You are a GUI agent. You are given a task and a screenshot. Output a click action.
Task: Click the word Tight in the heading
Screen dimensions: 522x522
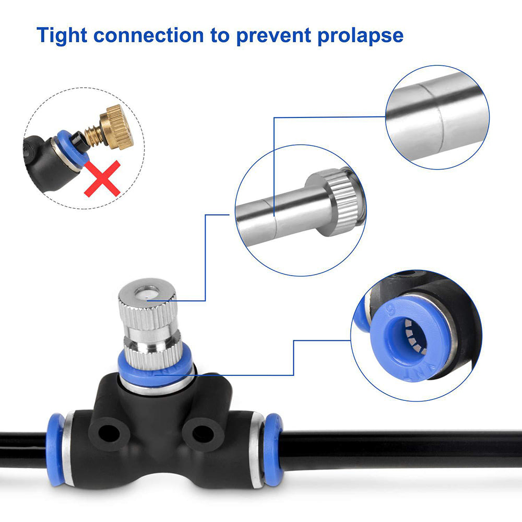62,35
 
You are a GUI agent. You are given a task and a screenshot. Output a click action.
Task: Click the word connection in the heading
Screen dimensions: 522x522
148,35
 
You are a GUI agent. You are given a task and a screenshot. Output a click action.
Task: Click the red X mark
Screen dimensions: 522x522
102,179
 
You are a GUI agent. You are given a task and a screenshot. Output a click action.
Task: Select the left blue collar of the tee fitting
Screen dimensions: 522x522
55,449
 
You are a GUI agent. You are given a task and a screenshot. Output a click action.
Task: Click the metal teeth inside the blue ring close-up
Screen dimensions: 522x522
414,336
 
